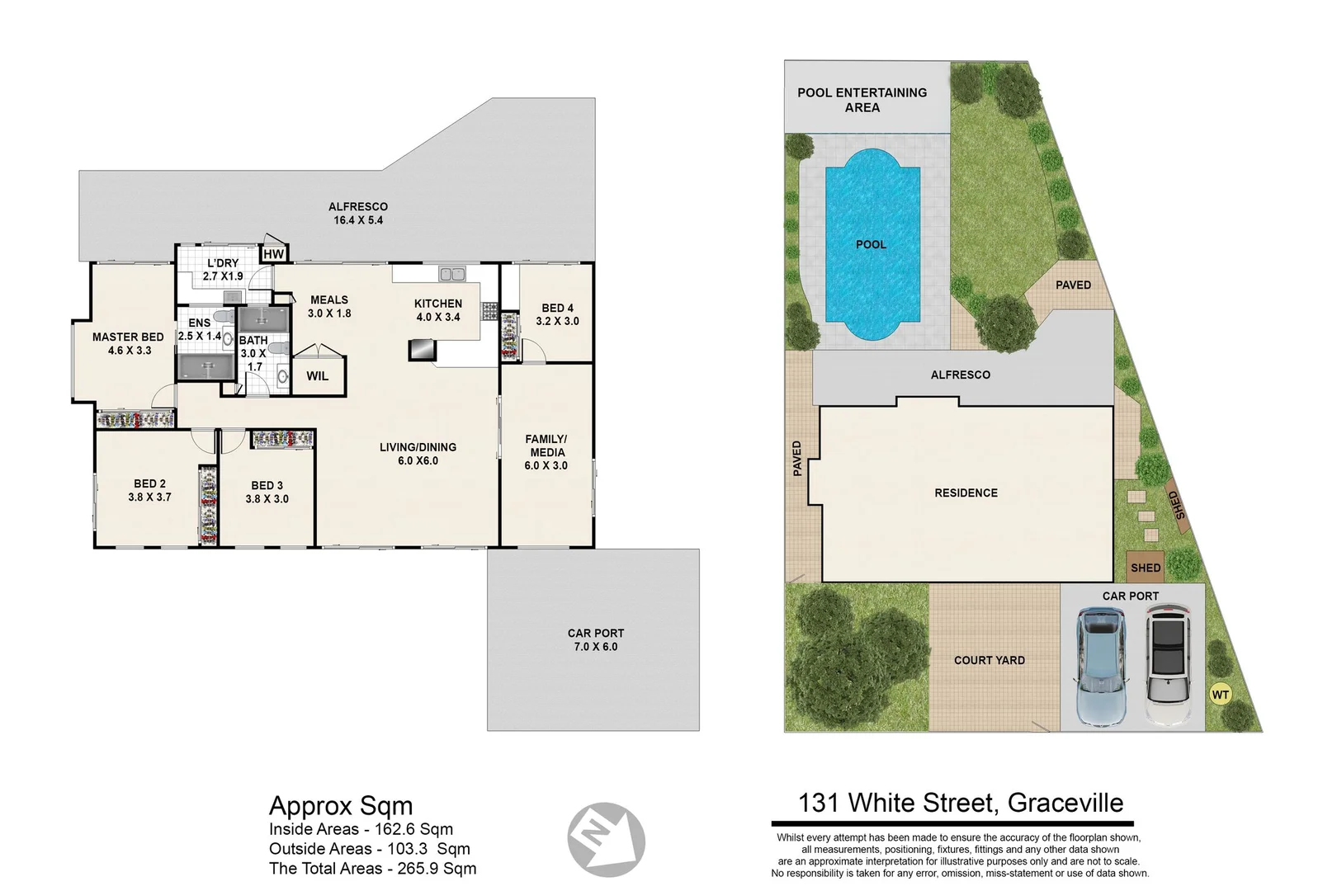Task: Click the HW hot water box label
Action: [273, 254]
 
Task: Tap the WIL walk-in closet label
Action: [317, 376]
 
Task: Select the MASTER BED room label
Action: [128, 343]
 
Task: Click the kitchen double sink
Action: [451, 274]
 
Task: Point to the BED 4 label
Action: [557, 314]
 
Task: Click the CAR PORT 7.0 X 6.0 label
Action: [595, 640]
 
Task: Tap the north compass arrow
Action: [607, 840]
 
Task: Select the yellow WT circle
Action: [1220, 695]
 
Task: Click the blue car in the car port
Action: [1100, 667]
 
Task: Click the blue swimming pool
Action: [872, 244]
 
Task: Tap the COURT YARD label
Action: [989, 660]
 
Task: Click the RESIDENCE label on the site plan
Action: [966, 493]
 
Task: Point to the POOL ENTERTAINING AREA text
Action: [862, 100]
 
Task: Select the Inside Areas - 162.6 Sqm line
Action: [361, 829]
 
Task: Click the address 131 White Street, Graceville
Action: [960, 803]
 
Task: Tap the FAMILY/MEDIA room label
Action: [546, 452]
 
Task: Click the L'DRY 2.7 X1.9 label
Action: [223, 270]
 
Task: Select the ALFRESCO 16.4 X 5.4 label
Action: [357, 214]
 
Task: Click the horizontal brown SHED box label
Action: [1145, 568]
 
